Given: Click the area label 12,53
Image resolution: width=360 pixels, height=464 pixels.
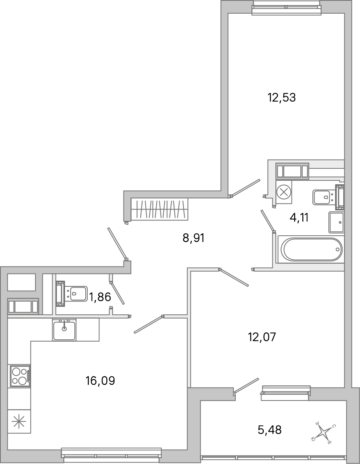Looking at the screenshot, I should pyautogui.click(x=281, y=97).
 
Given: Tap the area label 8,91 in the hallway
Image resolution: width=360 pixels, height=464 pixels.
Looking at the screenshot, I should pyautogui.click(x=194, y=238).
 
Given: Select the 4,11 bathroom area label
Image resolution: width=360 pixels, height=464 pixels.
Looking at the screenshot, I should pyautogui.click(x=299, y=217).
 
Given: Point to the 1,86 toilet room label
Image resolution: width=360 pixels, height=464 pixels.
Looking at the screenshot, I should pyautogui.click(x=100, y=297).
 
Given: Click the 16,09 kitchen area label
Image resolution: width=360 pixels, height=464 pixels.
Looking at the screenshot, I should pyautogui.click(x=100, y=381).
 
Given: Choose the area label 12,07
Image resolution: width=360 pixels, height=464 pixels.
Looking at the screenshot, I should pyautogui.click(x=262, y=337).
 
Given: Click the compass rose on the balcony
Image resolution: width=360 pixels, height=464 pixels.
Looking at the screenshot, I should pyautogui.click(x=324, y=432).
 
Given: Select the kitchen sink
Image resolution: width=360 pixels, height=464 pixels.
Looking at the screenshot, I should pyautogui.click(x=64, y=329).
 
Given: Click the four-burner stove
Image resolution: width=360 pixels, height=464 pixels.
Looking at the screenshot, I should pyautogui.click(x=20, y=376).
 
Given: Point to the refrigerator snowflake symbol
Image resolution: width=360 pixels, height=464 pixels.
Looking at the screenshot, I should pyautogui.click(x=18, y=422).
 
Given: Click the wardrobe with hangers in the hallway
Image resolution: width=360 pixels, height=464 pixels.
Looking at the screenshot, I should pyautogui.click(x=160, y=208).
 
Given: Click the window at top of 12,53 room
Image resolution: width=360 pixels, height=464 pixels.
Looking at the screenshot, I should pyautogui.click(x=286, y=7).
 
